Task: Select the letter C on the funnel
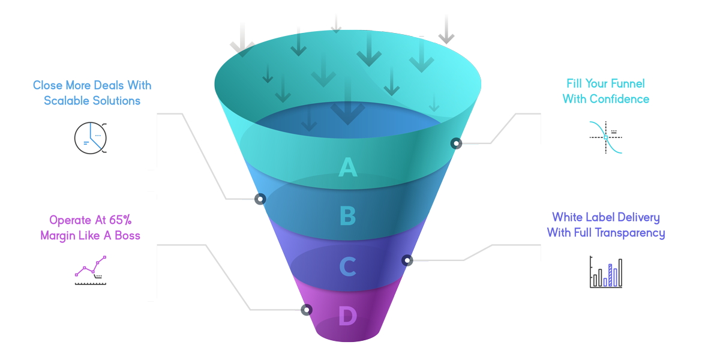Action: [347, 266]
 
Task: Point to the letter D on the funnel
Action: [347, 316]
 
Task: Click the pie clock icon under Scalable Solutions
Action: [91, 138]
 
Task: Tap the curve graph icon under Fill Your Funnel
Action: [606, 137]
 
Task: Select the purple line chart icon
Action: [91, 271]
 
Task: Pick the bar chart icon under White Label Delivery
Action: [606, 273]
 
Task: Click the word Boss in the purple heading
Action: [127, 236]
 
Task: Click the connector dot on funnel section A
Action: [457, 143]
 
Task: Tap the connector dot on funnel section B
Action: [260, 199]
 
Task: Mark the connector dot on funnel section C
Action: [407, 260]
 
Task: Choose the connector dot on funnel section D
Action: [307, 310]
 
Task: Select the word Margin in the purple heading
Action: [60, 236]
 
